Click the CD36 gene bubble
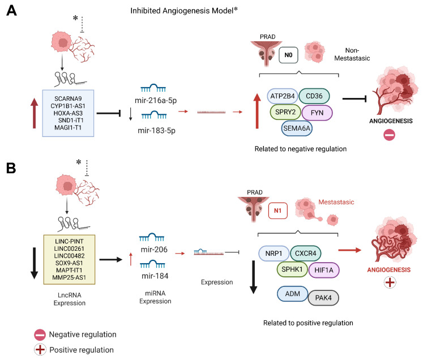point(314,96)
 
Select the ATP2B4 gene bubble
point(282,96)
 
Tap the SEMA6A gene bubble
point(297,128)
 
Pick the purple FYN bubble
point(317,113)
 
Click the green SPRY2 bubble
point(285,112)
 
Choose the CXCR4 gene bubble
point(306,254)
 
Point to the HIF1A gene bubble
point(324,270)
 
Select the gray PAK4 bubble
point(323,298)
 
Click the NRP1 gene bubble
point(274,254)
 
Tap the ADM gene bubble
point(293,294)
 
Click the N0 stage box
point(288,55)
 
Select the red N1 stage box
point(278,211)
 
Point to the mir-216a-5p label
point(156,100)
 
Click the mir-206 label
point(154,250)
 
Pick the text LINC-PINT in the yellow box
point(69,241)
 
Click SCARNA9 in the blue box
point(68,98)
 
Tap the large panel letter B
point(11,168)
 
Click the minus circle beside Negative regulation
point(40,335)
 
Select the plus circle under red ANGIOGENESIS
point(390,282)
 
